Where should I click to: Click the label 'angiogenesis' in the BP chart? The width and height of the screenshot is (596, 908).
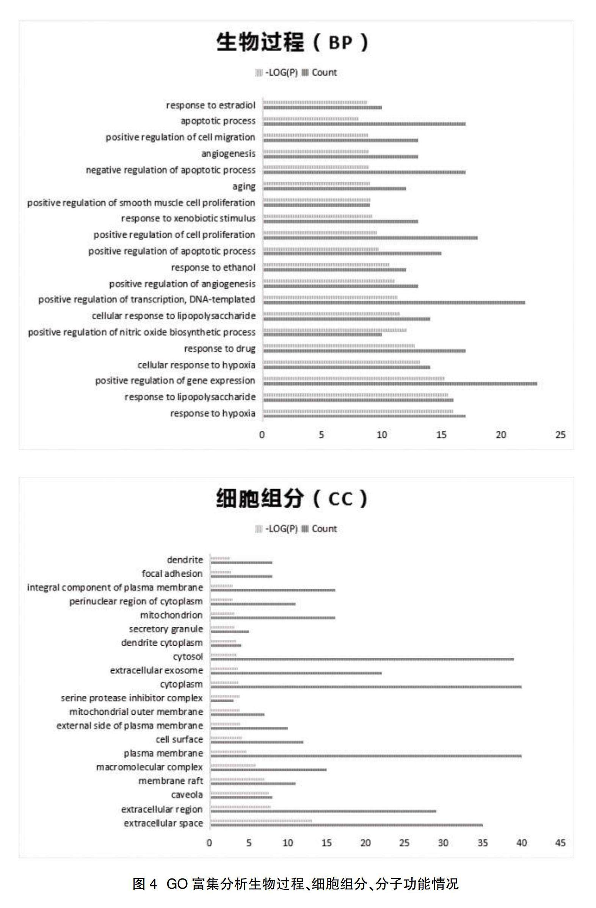pyautogui.click(x=228, y=153)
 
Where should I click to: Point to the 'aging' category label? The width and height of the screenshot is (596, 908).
pyautogui.click(x=244, y=186)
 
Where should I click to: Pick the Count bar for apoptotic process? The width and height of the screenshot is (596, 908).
pyautogui.click(x=364, y=124)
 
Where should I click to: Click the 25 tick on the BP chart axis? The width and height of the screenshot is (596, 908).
pyautogui.click(x=560, y=435)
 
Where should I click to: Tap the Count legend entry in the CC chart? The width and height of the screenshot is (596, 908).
pyautogui.click(x=320, y=529)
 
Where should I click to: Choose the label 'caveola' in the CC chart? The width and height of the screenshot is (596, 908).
pyautogui.click(x=187, y=795)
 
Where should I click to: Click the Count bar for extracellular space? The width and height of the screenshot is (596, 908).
pyautogui.click(x=347, y=825)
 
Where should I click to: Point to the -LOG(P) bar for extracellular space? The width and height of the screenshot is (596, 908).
pyautogui.click(x=261, y=820)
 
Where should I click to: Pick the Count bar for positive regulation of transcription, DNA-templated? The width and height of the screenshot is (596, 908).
pyautogui.click(x=394, y=302)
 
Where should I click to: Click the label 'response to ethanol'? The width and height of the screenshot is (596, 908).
pyautogui.click(x=213, y=268)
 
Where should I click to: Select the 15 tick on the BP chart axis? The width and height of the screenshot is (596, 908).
pyautogui.click(x=441, y=435)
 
